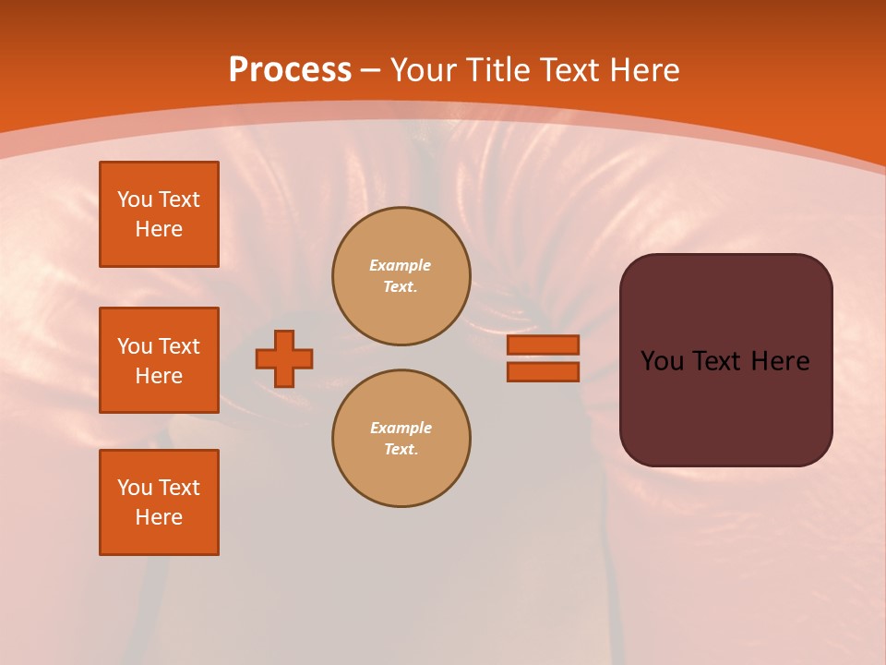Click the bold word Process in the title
pyautogui.click(x=290, y=70)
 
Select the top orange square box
pyautogui.click(x=159, y=214)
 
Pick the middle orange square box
pyautogui.click(x=159, y=360)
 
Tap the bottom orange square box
pyautogui.click(x=159, y=502)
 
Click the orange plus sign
pyautogui.click(x=284, y=358)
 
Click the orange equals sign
pyautogui.click(x=543, y=358)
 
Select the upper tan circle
pyautogui.click(x=401, y=276)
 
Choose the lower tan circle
pyautogui.click(x=401, y=439)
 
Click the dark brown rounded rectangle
pyautogui.click(x=725, y=360)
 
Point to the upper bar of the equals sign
pyautogui.click(x=543, y=345)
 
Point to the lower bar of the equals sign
pyautogui.click(x=543, y=372)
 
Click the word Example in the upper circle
pyautogui.click(x=401, y=265)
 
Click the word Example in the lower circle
pyautogui.click(x=401, y=428)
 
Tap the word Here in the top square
pyautogui.click(x=159, y=229)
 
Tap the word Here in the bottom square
pyautogui.click(x=159, y=517)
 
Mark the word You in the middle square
pyautogui.click(x=134, y=346)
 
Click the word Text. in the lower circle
pyautogui.click(x=401, y=450)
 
